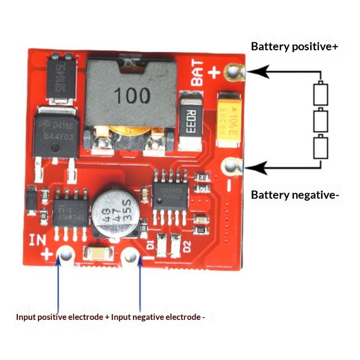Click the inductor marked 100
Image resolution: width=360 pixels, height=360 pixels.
[x=131, y=95]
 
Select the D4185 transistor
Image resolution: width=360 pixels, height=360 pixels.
[x=56, y=133]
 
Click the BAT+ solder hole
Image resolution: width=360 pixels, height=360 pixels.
[x=233, y=72]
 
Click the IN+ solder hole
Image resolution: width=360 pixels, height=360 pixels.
[x=66, y=255]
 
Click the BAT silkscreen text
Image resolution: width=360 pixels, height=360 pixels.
[x=198, y=73]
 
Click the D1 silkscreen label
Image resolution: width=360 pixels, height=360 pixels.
[x=150, y=246]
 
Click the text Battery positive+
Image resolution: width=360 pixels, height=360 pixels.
[x=294, y=46]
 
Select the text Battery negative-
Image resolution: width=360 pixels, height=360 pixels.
[x=295, y=195]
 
